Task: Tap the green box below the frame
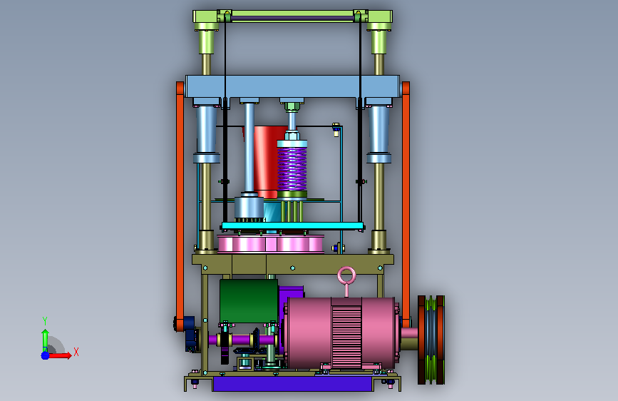pos(249,301)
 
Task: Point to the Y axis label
pos(45,321)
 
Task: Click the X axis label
pos(76,352)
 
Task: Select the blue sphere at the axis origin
pos(46,355)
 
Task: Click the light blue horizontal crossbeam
pos(292,86)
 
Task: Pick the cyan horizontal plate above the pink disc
pos(292,226)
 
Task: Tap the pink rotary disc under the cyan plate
pos(270,243)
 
